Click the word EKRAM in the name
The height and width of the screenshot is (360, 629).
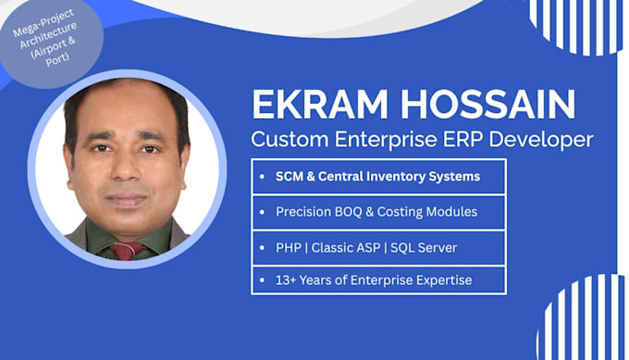pos(320,105)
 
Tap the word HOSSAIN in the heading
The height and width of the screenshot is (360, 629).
pos(487,105)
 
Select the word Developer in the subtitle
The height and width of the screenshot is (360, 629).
pos(541,140)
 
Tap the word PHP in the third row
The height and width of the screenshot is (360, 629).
pos(289,248)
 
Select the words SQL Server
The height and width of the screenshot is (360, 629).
pos(424,248)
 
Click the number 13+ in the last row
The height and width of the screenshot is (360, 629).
pos(285,279)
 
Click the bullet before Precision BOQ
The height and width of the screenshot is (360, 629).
pos(263,212)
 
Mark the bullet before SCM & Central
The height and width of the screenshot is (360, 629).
pos(263,177)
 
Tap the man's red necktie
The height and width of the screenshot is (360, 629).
pos(127,251)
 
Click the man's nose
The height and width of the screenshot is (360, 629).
pos(126,166)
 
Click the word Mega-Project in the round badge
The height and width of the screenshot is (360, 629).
pos(43,23)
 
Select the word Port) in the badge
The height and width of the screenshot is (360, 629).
pos(57,59)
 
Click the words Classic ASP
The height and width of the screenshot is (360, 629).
pos(346,248)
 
